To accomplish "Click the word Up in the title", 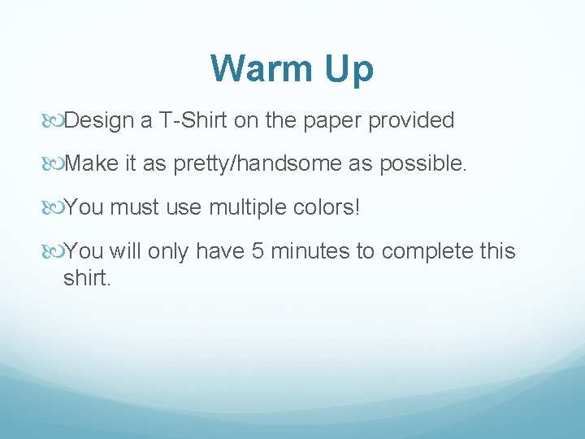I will pos(349,71).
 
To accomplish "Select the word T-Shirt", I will pos(193,121).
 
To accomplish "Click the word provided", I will pos(411,121).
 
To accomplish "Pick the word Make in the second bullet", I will pos(92,164).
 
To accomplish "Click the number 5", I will pos(257,251).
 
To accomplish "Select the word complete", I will pos(427,252).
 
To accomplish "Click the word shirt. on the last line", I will pos(86,279).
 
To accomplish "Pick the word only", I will pos(167,252).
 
